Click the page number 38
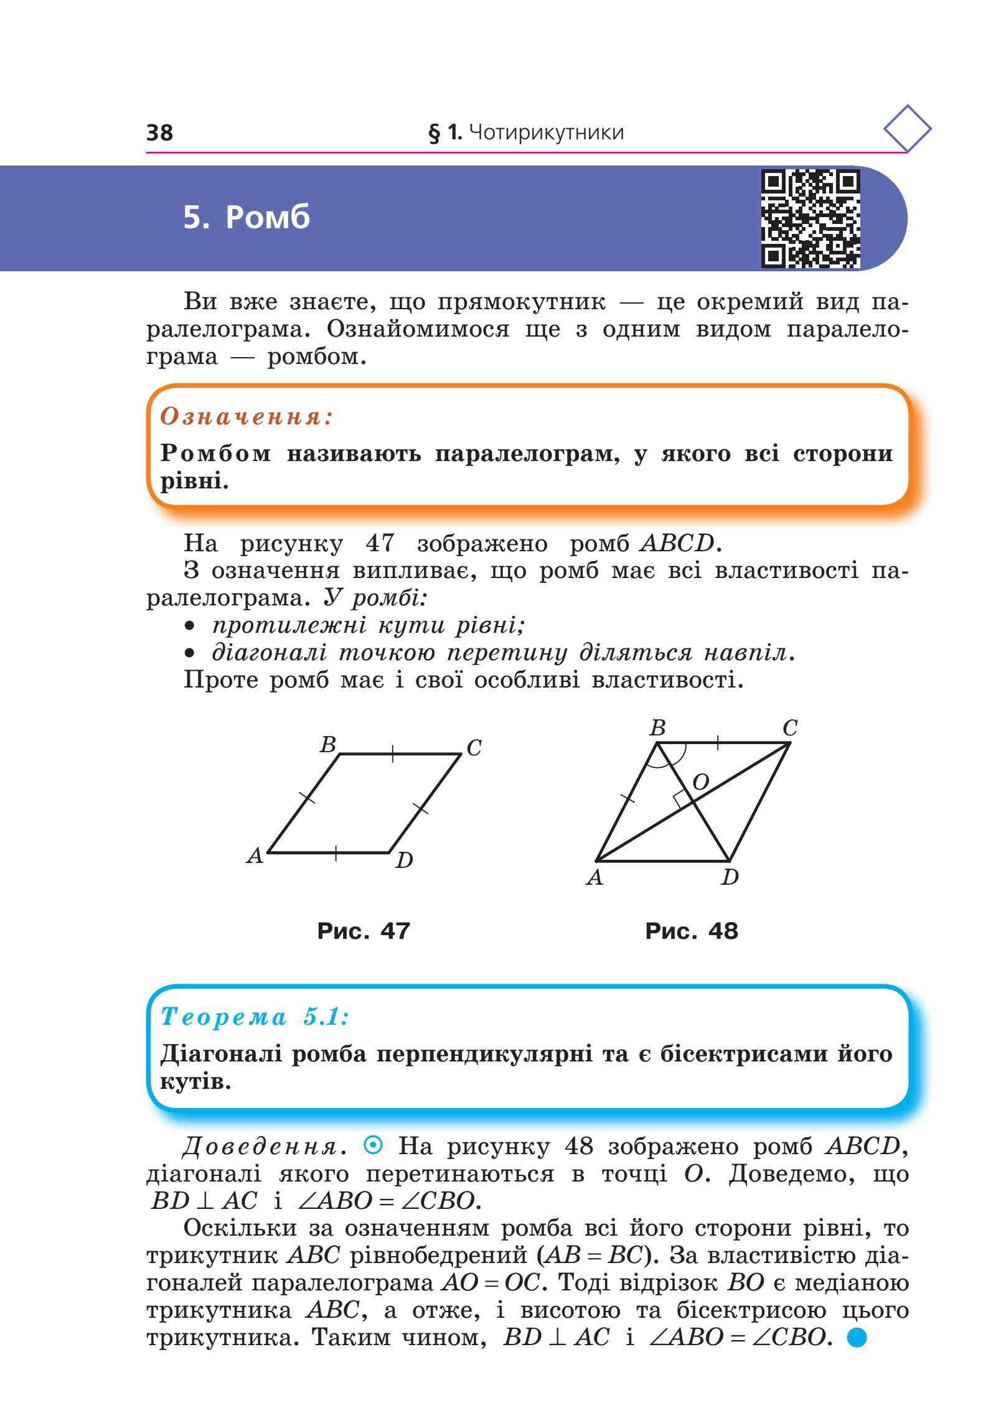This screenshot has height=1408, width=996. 159,133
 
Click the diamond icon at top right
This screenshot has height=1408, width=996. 907,129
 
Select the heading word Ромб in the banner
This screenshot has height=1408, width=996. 268,217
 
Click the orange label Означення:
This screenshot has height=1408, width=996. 247,417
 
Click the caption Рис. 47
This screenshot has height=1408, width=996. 364,931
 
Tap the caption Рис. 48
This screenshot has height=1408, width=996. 692,931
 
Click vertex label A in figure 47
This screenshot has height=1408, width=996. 255,857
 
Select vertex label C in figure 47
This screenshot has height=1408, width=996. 474,747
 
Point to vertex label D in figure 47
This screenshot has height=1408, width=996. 405,861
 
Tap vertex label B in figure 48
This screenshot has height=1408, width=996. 657,727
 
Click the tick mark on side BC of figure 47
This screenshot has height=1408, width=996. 392,753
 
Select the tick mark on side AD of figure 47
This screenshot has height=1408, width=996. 336,853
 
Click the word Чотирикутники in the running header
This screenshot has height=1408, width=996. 545,133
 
